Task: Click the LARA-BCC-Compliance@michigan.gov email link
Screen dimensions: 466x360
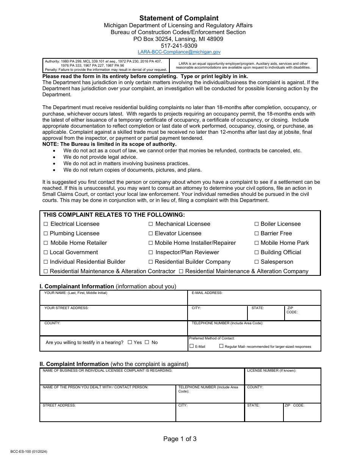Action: [x=179, y=52]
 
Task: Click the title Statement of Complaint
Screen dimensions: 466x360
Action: [x=179, y=18]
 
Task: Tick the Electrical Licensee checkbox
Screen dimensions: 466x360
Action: [x=46, y=224]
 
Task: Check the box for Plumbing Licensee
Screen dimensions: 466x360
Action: [x=46, y=234]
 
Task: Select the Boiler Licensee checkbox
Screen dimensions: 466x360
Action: [x=257, y=224]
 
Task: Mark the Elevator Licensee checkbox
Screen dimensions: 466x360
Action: [x=151, y=234]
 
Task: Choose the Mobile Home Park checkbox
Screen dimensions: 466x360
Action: [x=257, y=243]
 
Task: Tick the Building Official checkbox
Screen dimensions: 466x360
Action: [x=257, y=253]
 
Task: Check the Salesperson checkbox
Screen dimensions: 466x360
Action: [x=257, y=262]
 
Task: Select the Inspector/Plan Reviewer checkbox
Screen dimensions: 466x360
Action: [x=151, y=253]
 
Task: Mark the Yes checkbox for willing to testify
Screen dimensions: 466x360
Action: [x=130, y=342]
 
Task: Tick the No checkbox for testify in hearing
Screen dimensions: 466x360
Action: [x=147, y=342]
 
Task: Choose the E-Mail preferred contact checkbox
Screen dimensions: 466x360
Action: [x=192, y=346]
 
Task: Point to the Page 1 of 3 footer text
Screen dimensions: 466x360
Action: [x=180, y=439]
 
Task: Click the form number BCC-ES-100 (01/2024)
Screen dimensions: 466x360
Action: [x=29, y=452]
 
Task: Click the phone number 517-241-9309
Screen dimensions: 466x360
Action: [x=179, y=46]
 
